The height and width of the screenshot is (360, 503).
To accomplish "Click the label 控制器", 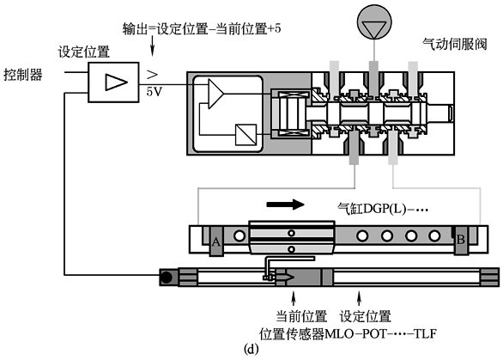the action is [x=23, y=75].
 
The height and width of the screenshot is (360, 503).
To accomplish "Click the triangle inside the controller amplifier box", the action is [x=116, y=82].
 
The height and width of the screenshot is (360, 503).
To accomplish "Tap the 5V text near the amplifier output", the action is [x=155, y=92].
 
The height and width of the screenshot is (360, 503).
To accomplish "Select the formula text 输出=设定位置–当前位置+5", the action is [x=202, y=29].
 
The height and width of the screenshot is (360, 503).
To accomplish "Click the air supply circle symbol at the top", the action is [x=374, y=21].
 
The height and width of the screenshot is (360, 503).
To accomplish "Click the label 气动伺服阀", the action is [x=455, y=44].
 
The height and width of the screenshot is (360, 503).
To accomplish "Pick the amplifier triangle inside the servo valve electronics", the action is [x=215, y=94].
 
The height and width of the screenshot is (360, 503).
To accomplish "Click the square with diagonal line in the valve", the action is [x=246, y=135].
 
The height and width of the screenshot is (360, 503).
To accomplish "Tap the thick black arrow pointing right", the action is [x=285, y=204].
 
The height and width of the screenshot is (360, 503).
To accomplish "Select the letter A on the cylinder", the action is [x=216, y=241].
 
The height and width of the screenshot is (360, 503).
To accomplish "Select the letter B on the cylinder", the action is [x=461, y=240].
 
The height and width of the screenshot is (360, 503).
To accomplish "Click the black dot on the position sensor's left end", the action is [x=167, y=278].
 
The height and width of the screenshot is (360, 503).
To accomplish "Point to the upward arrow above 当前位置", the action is [x=293, y=298].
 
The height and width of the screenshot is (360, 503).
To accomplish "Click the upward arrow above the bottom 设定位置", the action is [x=360, y=298].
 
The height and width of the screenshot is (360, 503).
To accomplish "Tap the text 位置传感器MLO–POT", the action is [x=323, y=334].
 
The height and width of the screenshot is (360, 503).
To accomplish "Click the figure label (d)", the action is [x=251, y=350].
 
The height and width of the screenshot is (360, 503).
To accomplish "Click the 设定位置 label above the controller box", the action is [x=84, y=52].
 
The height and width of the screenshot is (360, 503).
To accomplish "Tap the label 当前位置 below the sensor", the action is [x=301, y=316].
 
